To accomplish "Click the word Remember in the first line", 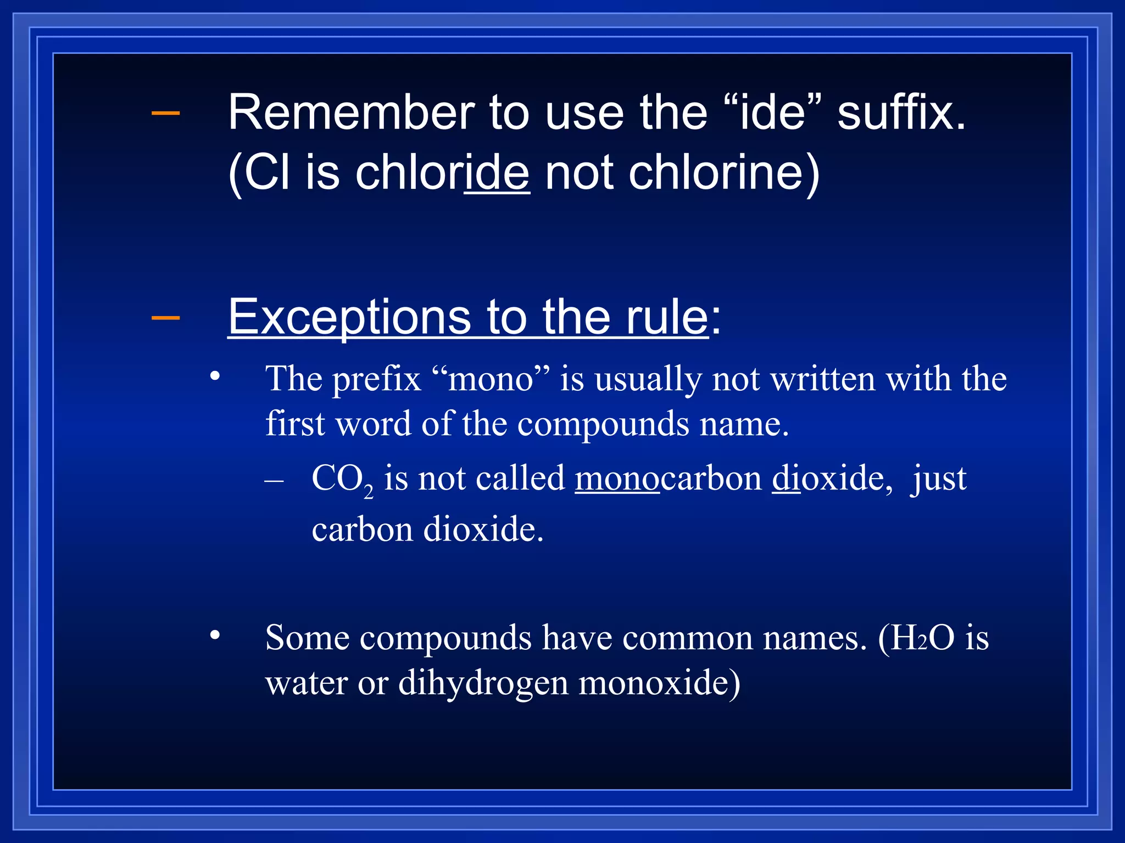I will coord(351,113).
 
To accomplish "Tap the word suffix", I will coord(901,113).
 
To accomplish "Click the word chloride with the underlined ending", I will coord(442,173).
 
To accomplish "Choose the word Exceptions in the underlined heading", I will coord(349,317).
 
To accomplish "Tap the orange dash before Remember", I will coord(165,113).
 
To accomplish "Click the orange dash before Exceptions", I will coord(165,317).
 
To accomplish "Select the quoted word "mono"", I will coord(491,379).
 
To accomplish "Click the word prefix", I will coord(376,379).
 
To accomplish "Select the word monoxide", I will coord(659,683).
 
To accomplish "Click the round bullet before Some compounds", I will coord(215,636).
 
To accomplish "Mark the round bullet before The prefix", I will coord(215,376).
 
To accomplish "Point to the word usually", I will coord(648,379).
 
